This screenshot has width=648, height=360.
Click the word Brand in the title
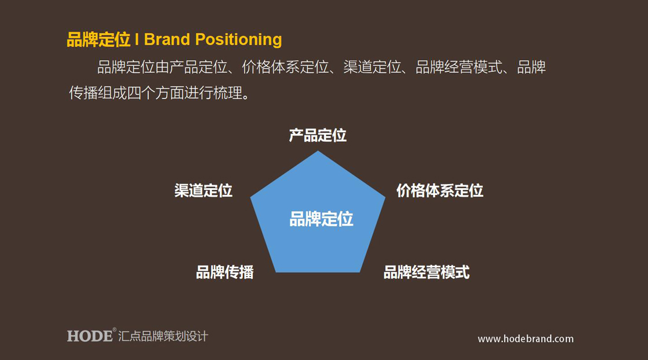point(167,40)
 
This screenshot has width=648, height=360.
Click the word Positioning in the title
point(238,40)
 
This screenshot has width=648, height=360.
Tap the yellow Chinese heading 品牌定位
point(98,40)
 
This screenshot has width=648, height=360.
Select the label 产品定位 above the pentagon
point(318,135)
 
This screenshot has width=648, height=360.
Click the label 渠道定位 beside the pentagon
point(203,190)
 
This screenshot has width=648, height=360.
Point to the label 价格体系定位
point(440,190)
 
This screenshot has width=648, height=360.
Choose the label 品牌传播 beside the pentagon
point(225,273)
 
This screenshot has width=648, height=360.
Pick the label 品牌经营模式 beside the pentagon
point(426,273)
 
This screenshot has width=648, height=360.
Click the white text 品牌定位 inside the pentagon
point(321,219)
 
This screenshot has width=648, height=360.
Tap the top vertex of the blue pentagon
point(318,151)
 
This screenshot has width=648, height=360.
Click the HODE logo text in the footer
point(90,336)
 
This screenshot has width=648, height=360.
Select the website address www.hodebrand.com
point(526,339)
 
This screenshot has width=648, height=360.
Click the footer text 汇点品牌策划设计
point(163,336)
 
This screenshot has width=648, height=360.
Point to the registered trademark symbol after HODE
point(115,329)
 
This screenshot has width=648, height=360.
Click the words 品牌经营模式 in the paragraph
point(459,67)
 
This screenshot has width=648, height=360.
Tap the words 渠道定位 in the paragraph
point(373,67)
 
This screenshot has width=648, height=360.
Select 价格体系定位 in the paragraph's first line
point(285,67)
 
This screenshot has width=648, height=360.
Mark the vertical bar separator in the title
point(137,40)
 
